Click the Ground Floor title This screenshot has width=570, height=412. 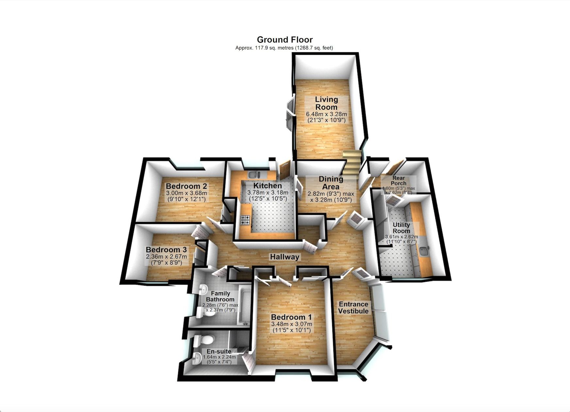coord(285,40)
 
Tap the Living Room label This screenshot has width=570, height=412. coord(326,103)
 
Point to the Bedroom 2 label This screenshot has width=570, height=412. coord(186,186)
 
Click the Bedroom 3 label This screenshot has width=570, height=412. coord(166,250)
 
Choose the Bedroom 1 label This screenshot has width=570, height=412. coord(292,317)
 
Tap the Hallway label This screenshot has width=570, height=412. coord(285,257)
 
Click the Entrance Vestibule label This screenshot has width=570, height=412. coord(353,308)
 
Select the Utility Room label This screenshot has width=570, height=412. coord(401,228)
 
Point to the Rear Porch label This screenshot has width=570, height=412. coord(399,181)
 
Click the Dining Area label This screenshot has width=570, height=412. coord(331,183)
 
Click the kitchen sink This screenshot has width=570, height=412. coord(254,175)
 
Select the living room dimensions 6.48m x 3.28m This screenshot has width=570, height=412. coord(326,114)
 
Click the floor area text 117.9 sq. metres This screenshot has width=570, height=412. coord(265,48)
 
